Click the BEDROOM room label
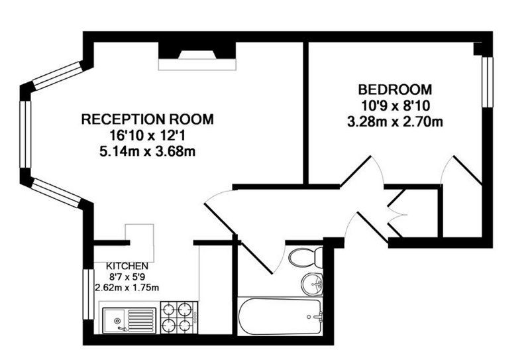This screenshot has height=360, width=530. pos(395,90)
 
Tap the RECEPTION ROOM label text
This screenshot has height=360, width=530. pos(148,119)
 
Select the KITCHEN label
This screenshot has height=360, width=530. pos(127,266)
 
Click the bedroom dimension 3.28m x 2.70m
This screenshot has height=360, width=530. pos(395,122)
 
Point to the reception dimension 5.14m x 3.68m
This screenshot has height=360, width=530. pos(148,152)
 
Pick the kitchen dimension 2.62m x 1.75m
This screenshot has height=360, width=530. pos(127,288)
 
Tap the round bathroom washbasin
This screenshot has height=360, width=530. pos(313,285)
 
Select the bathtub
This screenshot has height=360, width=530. pos(280,317)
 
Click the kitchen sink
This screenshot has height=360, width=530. pos(129,320)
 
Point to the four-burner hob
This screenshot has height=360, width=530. pos(179,318)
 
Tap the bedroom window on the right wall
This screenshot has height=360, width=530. pos(487,82)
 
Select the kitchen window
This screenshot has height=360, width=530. pos(89,294)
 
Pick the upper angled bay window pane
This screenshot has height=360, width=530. pos(58,76)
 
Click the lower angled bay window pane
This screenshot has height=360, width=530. pos(58,193)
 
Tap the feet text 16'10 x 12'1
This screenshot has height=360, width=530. pos(148,136)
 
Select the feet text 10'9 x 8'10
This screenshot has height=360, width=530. pos(395,106)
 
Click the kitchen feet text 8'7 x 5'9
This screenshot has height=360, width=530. pos(127,277)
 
